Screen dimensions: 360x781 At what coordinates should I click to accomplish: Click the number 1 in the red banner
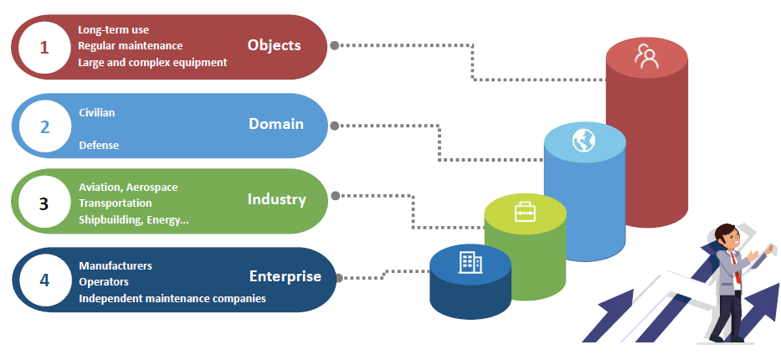click(x=44, y=48)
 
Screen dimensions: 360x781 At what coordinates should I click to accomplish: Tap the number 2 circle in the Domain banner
click(x=45, y=127)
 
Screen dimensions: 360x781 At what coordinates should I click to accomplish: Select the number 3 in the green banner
click(x=44, y=203)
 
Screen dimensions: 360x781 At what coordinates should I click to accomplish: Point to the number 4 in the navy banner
click(x=44, y=280)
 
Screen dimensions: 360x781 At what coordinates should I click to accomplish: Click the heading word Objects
click(x=274, y=45)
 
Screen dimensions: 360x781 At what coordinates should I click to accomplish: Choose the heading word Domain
click(x=275, y=124)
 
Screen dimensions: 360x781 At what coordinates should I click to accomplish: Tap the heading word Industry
click(x=276, y=199)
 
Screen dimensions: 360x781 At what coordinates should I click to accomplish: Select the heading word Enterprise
click(x=285, y=276)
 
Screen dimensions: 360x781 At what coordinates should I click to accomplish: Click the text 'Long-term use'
click(x=114, y=30)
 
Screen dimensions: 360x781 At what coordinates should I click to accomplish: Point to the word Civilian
click(x=97, y=112)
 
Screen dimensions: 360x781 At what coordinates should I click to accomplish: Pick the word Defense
click(x=99, y=145)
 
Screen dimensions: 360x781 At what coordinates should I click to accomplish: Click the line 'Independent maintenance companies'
click(x=172, y=298)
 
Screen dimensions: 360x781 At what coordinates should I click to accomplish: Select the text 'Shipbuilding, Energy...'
click(x=134, y=219)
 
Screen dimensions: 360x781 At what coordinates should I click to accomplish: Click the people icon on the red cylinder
click(x=645, y=56)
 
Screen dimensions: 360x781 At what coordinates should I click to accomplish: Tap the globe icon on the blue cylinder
click(x=583, y=140)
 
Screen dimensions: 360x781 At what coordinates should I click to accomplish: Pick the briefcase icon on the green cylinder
click(x=525, y=212)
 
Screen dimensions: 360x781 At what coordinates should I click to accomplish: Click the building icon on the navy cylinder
click(x=470, y=263)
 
